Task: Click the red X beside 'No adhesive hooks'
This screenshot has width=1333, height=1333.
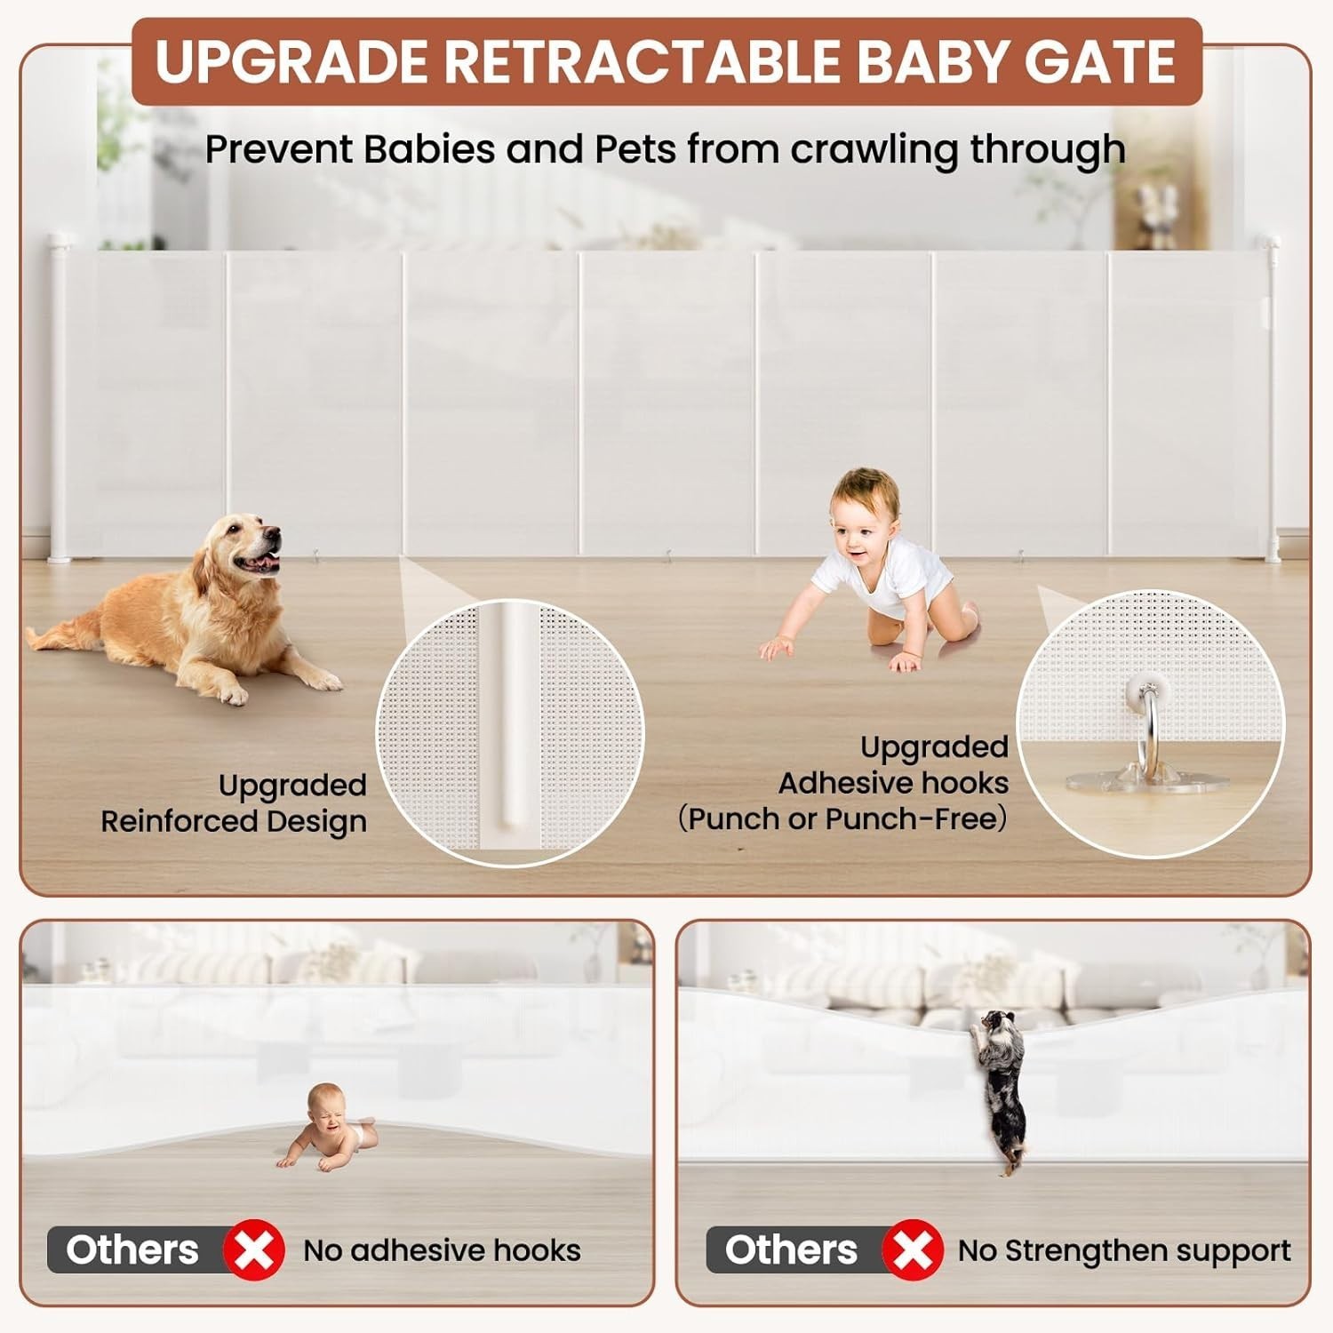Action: point(254,1250)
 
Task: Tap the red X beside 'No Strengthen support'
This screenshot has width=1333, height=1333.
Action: point(913,1250)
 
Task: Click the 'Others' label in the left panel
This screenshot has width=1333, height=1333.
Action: point(132,1249)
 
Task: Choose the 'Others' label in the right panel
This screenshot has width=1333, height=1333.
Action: point(791,1249)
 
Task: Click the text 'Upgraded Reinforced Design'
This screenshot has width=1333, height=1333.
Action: point(234,803)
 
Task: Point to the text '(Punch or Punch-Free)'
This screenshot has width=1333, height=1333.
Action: point(843,818)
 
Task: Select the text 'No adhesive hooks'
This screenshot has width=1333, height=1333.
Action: point(442,1250)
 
